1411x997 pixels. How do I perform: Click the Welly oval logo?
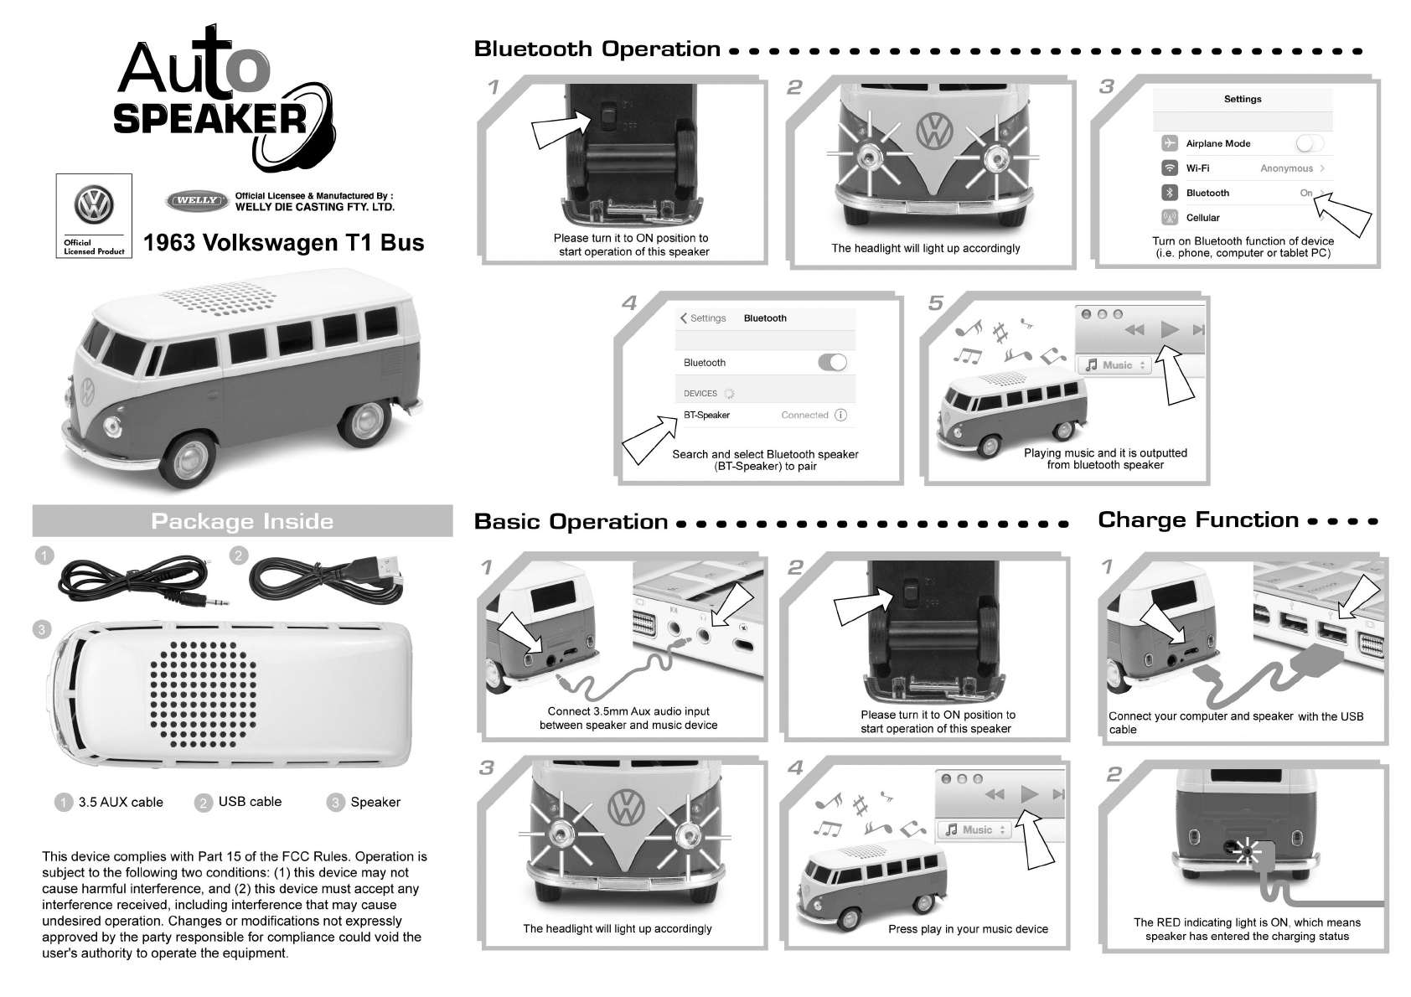point(197,201)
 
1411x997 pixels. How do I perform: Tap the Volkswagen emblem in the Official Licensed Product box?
point(94,204)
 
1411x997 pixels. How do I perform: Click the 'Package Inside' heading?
point(242,521)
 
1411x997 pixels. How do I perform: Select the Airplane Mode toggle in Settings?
point(1309,143)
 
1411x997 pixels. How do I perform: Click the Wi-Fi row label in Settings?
point(1197,168)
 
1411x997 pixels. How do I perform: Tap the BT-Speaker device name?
point(706,415)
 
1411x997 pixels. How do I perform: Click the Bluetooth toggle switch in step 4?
point(832,362)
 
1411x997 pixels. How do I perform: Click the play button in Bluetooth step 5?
point(1169,329)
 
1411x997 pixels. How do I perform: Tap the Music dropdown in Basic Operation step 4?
point(974,829)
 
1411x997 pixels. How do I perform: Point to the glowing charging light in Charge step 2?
point(1247,852)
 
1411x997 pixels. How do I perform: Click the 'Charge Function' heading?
point(1198,520)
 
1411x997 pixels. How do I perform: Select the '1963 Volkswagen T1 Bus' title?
point(284,243)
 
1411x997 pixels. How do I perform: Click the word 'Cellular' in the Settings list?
point(1202,218)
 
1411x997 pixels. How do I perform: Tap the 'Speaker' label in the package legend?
point(375,802)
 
